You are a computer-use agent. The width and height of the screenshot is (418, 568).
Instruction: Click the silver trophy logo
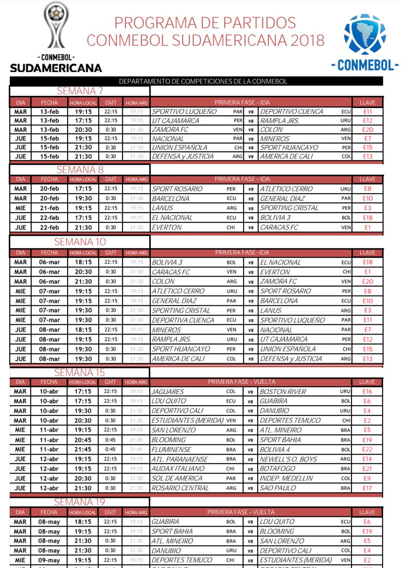coord(56,25)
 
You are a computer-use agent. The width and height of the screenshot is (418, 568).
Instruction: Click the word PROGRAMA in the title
coord(155,22)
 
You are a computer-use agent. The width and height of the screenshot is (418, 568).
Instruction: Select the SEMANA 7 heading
coord(80,91)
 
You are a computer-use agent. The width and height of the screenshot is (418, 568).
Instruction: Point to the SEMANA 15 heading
coord(80,373)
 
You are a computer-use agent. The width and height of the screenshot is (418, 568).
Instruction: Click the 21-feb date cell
coord(49,208)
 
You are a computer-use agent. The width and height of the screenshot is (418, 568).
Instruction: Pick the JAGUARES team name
coord(168,391)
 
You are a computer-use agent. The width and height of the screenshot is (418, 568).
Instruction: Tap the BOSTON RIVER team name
coord(283,391)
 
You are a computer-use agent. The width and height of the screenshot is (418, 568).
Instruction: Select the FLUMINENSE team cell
coord(172,449)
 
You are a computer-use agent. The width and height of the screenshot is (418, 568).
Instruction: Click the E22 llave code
coord(367,449)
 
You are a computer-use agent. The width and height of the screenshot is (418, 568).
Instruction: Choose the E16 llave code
coord(367,391)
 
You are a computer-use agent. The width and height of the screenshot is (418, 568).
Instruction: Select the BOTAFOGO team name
coord(278,469)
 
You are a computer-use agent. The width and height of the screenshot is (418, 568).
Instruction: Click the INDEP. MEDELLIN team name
coord(286,478)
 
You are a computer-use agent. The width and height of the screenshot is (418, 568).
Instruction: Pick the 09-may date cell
coord(49,560)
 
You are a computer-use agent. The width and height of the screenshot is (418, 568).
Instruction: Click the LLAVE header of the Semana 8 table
coord(367,179)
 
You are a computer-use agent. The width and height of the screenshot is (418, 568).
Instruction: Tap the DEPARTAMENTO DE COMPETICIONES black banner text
coord(203,81)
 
